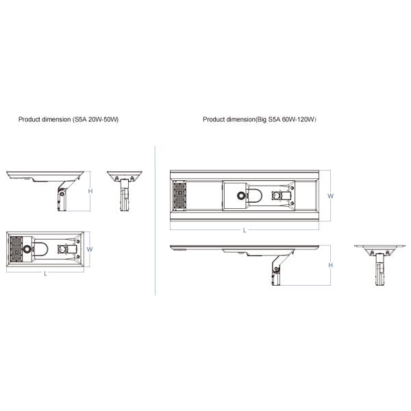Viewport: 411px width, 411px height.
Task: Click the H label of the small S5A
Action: [90, 191]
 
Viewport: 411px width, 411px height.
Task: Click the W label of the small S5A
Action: [90, 249]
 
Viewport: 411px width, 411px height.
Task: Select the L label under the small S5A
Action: [45, 274]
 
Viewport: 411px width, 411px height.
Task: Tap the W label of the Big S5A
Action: [330, 195]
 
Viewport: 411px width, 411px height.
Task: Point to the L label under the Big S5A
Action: [245, 230]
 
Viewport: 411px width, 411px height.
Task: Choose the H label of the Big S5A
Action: [330, 265]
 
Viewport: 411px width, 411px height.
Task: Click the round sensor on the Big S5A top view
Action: [241, 195]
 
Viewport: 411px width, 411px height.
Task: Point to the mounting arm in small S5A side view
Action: [62, 191]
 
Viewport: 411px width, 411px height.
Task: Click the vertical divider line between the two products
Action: [156, 219]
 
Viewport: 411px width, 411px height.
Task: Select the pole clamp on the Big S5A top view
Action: [282, 195]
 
